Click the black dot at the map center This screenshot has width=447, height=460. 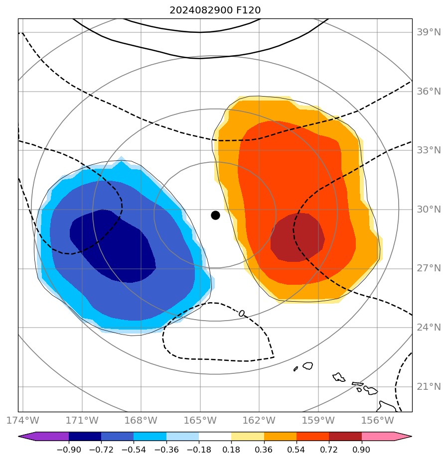pyautogui.click(x=215, y=215)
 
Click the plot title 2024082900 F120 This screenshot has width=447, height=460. pyautogui.click(x=215, y=10)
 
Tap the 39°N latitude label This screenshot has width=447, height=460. pyautogui.click(x=429, y=32)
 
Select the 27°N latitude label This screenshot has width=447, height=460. pyautogui.click(x=429, y=268)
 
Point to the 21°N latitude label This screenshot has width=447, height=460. pyautogui.click(x=429, y=387)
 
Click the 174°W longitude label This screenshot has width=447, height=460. pyautogui.click(x=23, y=420)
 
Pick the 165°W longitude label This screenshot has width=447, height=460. pyautogui.click(x=200, y=420)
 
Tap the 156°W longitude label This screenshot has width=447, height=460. pyautogui.click(x=377, y=420)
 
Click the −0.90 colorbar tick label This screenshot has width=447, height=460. pyautogui.click(x=69, y=450)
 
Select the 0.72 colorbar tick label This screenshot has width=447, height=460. pyautogui.click(x=329, y=450)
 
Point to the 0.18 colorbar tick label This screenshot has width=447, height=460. pyautogui.click(x=231, y=450)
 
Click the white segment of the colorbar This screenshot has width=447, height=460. pyautogui.click(x=215, y=437)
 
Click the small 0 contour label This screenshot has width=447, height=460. pyautogui.click(x=242, y=313)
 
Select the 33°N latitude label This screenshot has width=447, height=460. pyautogui.click(x=429, y=150)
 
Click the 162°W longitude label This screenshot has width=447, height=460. pyautogui.click(x=259, y=420)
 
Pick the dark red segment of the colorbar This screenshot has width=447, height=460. pyautogui.click(x=345, y=437)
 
